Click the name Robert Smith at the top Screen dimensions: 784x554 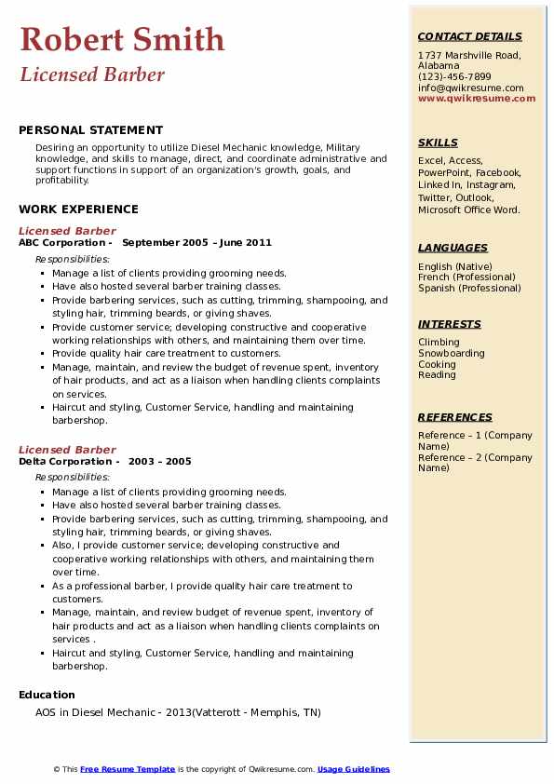click(x=122, y=39)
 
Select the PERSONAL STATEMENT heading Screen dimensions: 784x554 click(x=90, y=130)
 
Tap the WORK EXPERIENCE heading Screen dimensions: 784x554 click(x=78, y=210)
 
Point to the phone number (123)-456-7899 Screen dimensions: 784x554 click(x=454, y=77)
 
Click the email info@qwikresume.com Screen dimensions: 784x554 click(x=470, y=88)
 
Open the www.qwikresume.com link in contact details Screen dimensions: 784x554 click(x=477, y=98)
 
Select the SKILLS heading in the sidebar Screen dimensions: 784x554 click(x=438, y=142)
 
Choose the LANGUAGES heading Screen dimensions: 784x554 click(x=453, y=248)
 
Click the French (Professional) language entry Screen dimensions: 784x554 click(x=466, y=277)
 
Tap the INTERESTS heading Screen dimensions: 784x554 click(x=450, y=324)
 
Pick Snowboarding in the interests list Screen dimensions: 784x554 click(x=452, y=354)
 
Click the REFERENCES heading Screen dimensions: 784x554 click(x=454, y=417)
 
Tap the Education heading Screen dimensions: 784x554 click(x=47, y=695)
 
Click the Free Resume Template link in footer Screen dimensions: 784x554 click(x=128, y=769)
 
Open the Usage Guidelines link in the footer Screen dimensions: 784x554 click(x=354, y=769)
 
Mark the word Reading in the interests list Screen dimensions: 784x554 click(x=437, y=375)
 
